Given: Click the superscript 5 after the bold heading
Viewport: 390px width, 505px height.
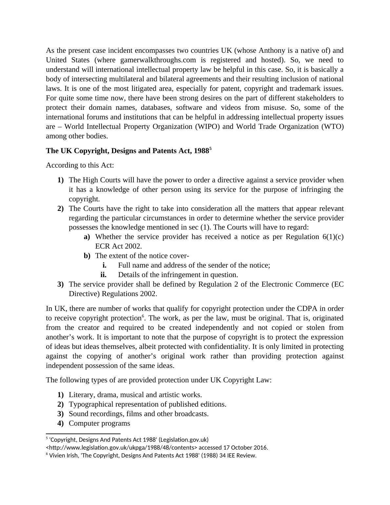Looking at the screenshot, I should click(x=210, y=149).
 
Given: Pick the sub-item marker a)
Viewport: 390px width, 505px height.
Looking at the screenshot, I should click(x=87, y=237).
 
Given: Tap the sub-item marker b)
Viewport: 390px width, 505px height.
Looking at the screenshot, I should click(x=87, y=256).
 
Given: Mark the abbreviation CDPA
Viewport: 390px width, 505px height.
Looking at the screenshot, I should click(x=307, y=309).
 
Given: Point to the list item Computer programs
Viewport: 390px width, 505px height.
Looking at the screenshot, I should click(x=99, y=423).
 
